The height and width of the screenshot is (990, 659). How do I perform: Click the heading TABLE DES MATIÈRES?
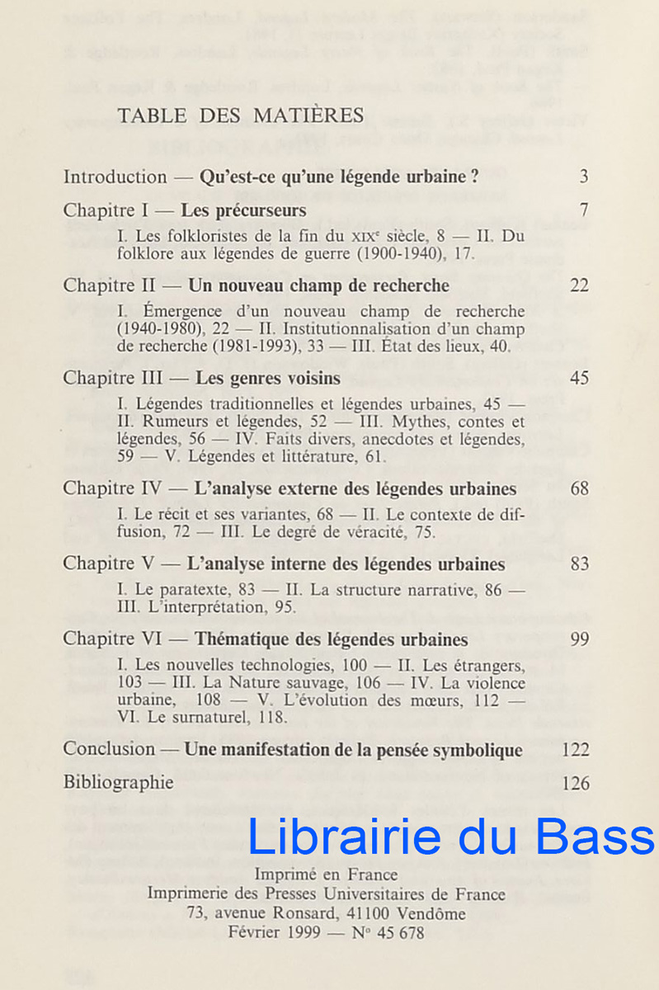click(x=240, y=115)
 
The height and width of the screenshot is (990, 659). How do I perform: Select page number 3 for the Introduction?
click(x=584, y=177)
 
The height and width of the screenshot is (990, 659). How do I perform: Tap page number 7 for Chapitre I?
click(x=584, y=210)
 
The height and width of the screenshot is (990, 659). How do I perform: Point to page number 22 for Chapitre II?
click(x=579, y=285)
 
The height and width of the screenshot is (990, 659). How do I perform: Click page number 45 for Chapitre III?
click(x=579, y=379)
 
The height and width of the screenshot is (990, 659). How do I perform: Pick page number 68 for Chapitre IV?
click(x=579, y=488)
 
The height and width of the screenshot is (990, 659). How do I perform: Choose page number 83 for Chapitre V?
click(x=579, y=564)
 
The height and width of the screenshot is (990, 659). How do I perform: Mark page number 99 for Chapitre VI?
click(x=579, y=639)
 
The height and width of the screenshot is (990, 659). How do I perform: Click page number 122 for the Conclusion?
click(x=575, y=750)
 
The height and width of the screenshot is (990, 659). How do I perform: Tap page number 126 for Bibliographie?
click(x=575, y=783)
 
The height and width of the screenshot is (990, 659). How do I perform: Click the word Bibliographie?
click(x=118, y=783)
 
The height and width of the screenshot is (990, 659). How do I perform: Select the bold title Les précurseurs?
click(x=243, y=210)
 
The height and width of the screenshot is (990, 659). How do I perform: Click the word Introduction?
click(x=115, y=177)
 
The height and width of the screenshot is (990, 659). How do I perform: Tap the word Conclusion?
click(x=109, y=750)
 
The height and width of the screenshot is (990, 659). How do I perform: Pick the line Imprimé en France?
click(x=326, y=874)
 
